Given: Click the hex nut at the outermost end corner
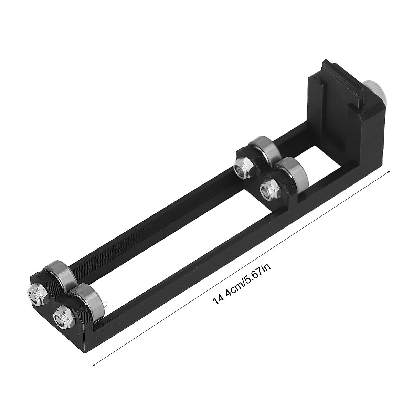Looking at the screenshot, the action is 36,294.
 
